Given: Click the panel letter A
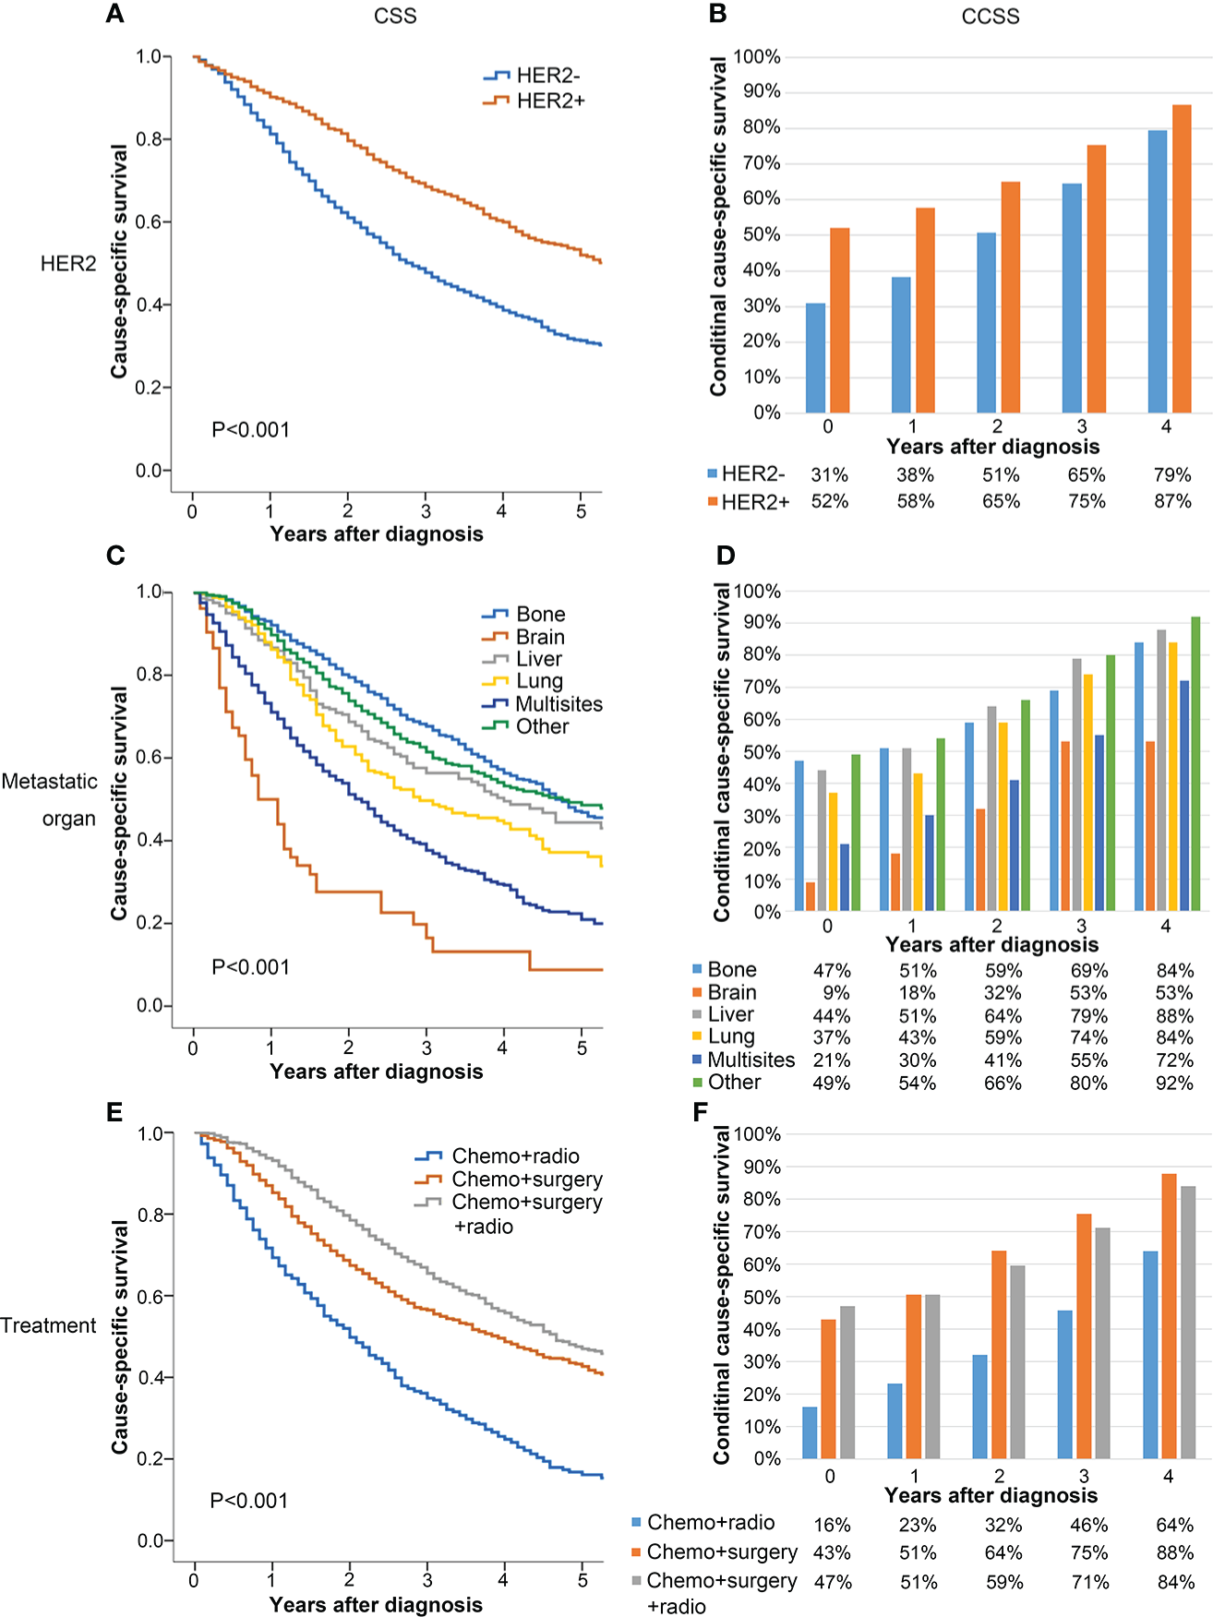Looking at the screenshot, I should pyautogui.click(x=114, y=14).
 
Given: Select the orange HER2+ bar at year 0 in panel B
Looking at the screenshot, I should pyautogui.click(x=839, y=320).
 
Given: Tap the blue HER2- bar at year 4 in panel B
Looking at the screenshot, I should pyautogui.click(x=1157, y=271).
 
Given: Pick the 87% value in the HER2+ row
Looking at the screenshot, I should pyautogui.click(x=1172, y=501).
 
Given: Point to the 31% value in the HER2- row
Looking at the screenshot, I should pyautogui.click(x=829, y=474).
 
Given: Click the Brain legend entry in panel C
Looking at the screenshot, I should pyautogui.click(x=540, y=637).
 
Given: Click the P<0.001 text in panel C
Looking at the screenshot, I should pyautogui.click(x=250, y=967).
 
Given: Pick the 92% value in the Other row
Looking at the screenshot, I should pyautogui.click(x=1174, y=1083).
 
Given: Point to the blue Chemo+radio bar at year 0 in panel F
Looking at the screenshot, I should pyautogui.click(x=810, y=1432).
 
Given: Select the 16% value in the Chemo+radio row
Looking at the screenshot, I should pyautogui.click(x=832, y=1525).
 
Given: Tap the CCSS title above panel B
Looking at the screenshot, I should pyautogui.click(x=991, y=17).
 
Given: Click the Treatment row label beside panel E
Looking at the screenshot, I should pyautogui.click(x=48, y=1325).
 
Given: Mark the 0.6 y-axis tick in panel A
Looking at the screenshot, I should pyautogui.click(x=150, y=222).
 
